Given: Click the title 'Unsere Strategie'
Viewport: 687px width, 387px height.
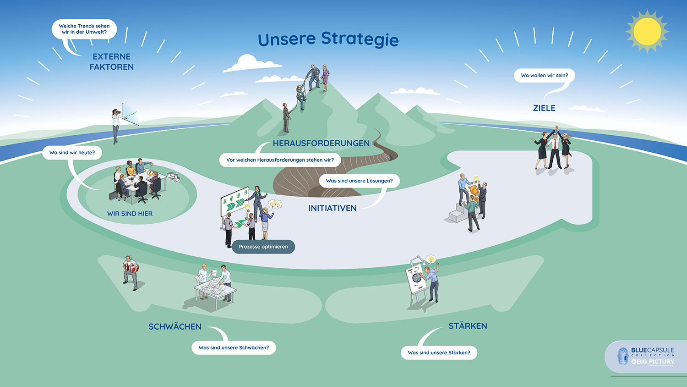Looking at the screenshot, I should (328, 39).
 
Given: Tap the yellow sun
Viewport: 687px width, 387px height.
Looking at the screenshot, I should (647, 31).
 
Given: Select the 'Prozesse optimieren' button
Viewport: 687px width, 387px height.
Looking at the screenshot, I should (263, 247).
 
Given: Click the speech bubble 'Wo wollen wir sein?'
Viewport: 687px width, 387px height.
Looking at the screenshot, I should (544, 76).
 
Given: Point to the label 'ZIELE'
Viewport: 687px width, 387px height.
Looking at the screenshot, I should (544, 108).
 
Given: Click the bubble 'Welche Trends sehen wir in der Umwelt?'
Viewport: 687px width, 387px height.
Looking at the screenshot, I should (84, 29).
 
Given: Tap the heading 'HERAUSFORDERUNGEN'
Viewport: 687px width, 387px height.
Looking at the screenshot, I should (321, 144).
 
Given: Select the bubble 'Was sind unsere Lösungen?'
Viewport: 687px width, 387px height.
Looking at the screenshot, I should (359, 181).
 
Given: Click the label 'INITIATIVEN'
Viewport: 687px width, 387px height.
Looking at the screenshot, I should (332, 208).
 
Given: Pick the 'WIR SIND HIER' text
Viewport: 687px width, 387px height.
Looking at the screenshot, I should (130, 214).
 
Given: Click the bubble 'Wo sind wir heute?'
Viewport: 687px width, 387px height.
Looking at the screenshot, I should (72, 153).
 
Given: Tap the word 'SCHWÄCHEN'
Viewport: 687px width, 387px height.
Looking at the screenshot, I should (174, 326).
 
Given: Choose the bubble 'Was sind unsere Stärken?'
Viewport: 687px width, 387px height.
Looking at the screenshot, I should (439, 353).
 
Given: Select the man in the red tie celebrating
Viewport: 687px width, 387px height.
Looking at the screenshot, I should (555, 149).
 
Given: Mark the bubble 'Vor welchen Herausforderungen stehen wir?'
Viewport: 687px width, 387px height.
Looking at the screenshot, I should (280, 160).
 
